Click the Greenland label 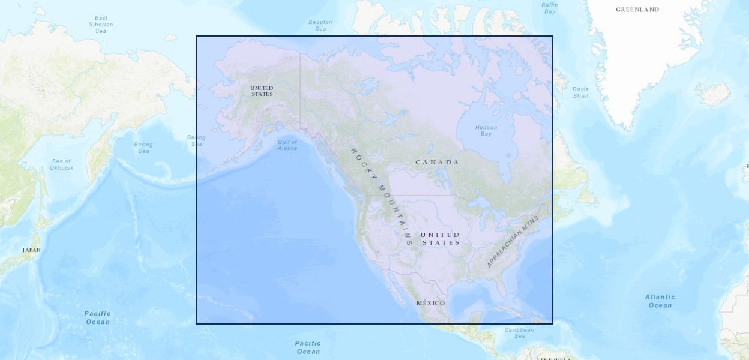637,10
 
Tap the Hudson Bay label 486,130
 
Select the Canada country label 438,162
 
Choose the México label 431,303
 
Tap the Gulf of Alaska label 287,145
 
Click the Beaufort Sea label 321,25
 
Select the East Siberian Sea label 101,25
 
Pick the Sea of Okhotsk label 61,164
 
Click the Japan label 32,250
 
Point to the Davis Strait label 580,92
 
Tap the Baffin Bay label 549,8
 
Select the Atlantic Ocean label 660,301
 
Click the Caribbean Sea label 519,332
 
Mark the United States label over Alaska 262,91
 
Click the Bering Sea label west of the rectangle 143,148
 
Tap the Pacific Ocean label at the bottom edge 308,347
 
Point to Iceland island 713,94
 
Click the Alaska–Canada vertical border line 300,90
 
